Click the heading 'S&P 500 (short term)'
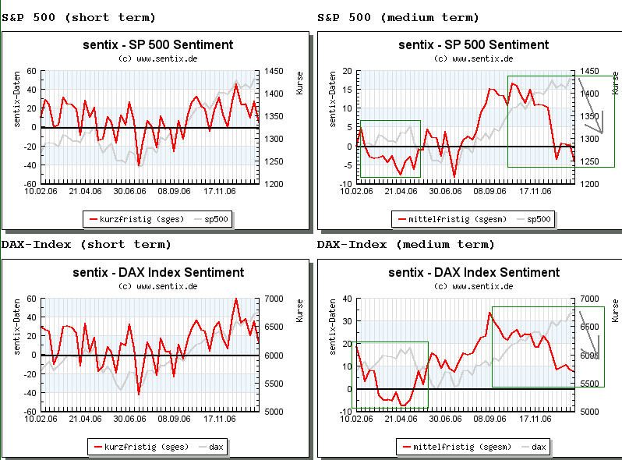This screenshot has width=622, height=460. click(x=79, y=17)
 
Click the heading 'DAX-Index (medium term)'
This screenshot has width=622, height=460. click(x=405, y=244)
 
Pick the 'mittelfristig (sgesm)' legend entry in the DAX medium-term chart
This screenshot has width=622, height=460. click(x=459, y=447)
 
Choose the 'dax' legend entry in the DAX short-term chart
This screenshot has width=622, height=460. click(x=216, y=447)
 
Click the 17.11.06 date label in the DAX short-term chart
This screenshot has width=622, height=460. click(x=219, y=418)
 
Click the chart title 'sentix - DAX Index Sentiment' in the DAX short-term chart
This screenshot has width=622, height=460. click(x=158, y=272)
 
